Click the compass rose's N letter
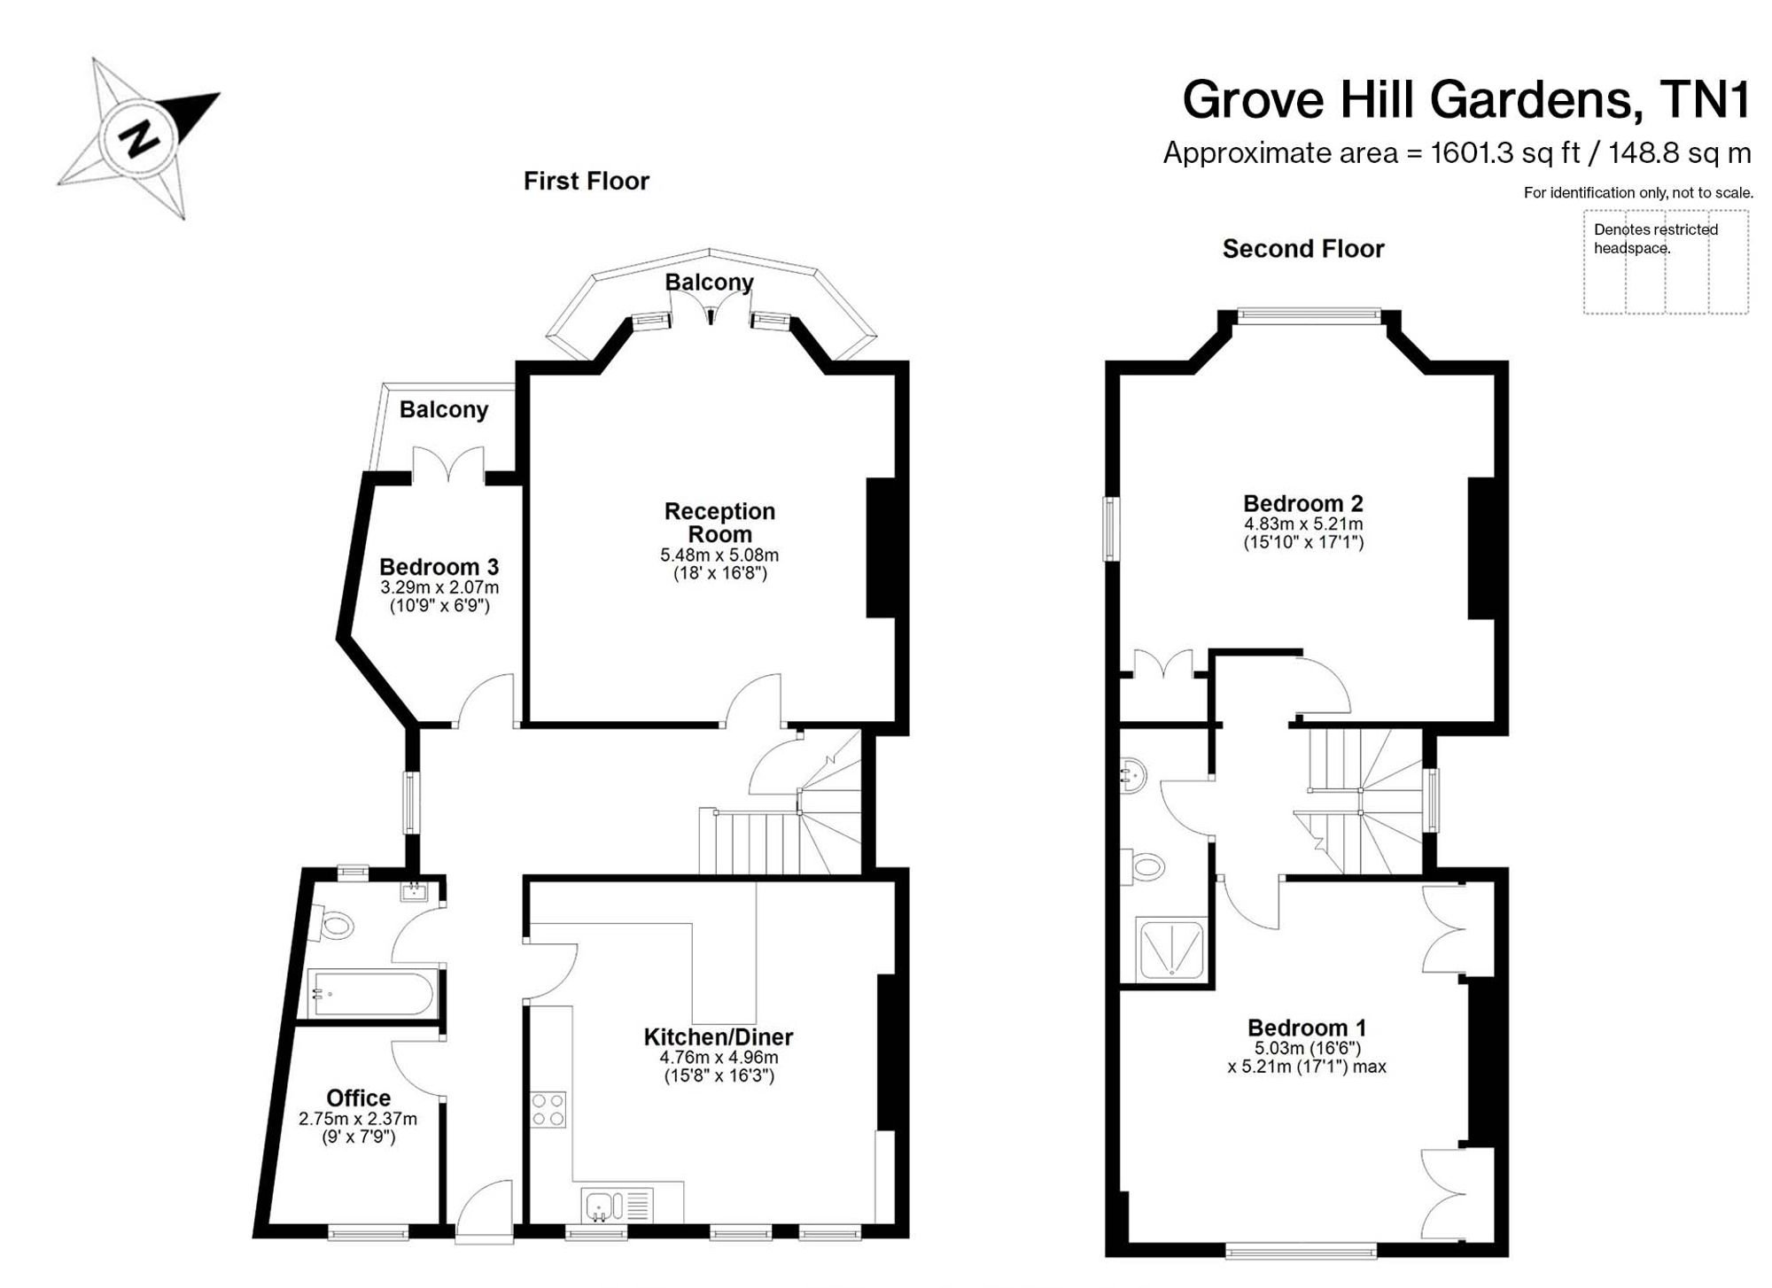(140, 137)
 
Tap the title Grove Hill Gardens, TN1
(1467, 99)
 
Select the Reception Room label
(719, 523)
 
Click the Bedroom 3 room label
(439, 567)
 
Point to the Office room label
(358, 1098)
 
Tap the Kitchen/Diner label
(718, 1036)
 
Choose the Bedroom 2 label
(1302, 503)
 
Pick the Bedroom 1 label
(1307, 1028)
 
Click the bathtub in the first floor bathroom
(371, 994)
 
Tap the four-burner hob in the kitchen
(548, 1109)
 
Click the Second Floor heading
(1303, 249)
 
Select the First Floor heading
(587, 181)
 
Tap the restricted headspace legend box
(1666, 261)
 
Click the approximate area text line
(1457, 153)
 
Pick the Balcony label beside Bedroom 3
(444, 409)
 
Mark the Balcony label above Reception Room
(710, 282)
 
